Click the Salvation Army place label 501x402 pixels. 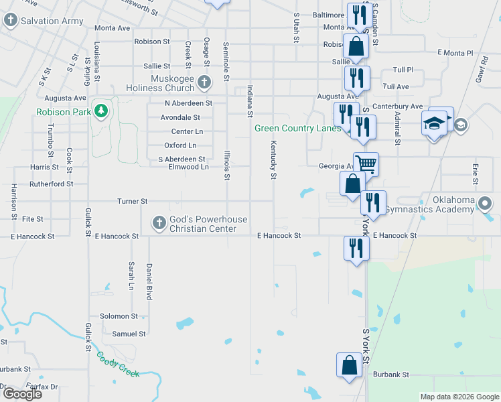[x=52, y=21]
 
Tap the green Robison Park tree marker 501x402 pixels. [x=101, y=111]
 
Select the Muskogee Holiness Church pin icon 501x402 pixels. [x=205, y=82]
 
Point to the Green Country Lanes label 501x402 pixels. [x=297, y=128]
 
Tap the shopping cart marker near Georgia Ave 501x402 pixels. [x=366, y=163]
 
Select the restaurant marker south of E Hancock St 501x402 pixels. [x=356, y=249]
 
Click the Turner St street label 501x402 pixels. [x=132, y=201]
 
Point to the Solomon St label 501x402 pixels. [x=119, y=316]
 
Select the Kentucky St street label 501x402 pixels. [x=273, y=159]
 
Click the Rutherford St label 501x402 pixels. [x=51, y=184]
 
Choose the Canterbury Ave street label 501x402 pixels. [x=398, y=107]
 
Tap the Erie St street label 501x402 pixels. [x=476, y=173]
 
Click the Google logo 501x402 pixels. [x=21, y=394]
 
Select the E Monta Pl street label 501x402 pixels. [x=455, y=52]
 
